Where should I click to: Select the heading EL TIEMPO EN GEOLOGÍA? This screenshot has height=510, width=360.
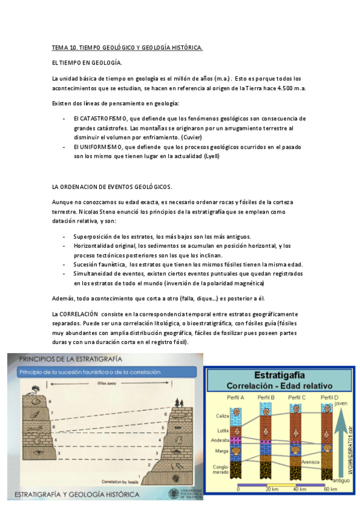(87, 63)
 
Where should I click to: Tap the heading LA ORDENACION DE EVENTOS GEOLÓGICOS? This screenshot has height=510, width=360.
(112, 186)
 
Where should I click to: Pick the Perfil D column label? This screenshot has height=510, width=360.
(329, 398)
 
